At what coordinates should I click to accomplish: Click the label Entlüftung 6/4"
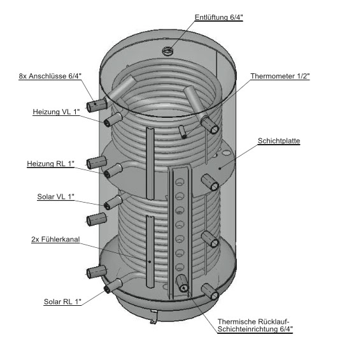pos(219,17)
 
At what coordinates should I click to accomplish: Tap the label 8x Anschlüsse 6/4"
pos(50,76)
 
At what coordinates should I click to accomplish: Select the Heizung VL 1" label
pos(56,112)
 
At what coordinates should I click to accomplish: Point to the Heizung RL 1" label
pos(51,164)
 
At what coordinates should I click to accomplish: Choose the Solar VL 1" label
pos(56,197)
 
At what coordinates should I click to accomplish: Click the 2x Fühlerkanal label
pos(55,240)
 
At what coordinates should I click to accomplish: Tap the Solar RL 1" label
pos(62,301)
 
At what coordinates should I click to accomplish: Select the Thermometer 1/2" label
pos(280,76)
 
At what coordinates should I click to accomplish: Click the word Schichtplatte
pos(279,141)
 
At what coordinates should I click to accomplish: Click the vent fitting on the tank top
pos(167,51)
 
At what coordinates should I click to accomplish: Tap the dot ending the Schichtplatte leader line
pos(220,168)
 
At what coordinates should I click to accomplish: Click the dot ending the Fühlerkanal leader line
pos(150,261)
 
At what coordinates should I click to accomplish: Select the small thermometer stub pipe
pos(182,133)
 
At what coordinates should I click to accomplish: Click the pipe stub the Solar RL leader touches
pos(113,285)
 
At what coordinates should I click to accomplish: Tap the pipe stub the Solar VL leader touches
pos(113,203)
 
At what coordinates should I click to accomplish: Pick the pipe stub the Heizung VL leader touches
pos(113,120)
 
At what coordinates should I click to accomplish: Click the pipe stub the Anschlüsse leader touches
pos(97,105)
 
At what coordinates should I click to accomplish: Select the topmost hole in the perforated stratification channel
pos(180,182)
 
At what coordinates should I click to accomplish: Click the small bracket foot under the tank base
pos(153,317)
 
